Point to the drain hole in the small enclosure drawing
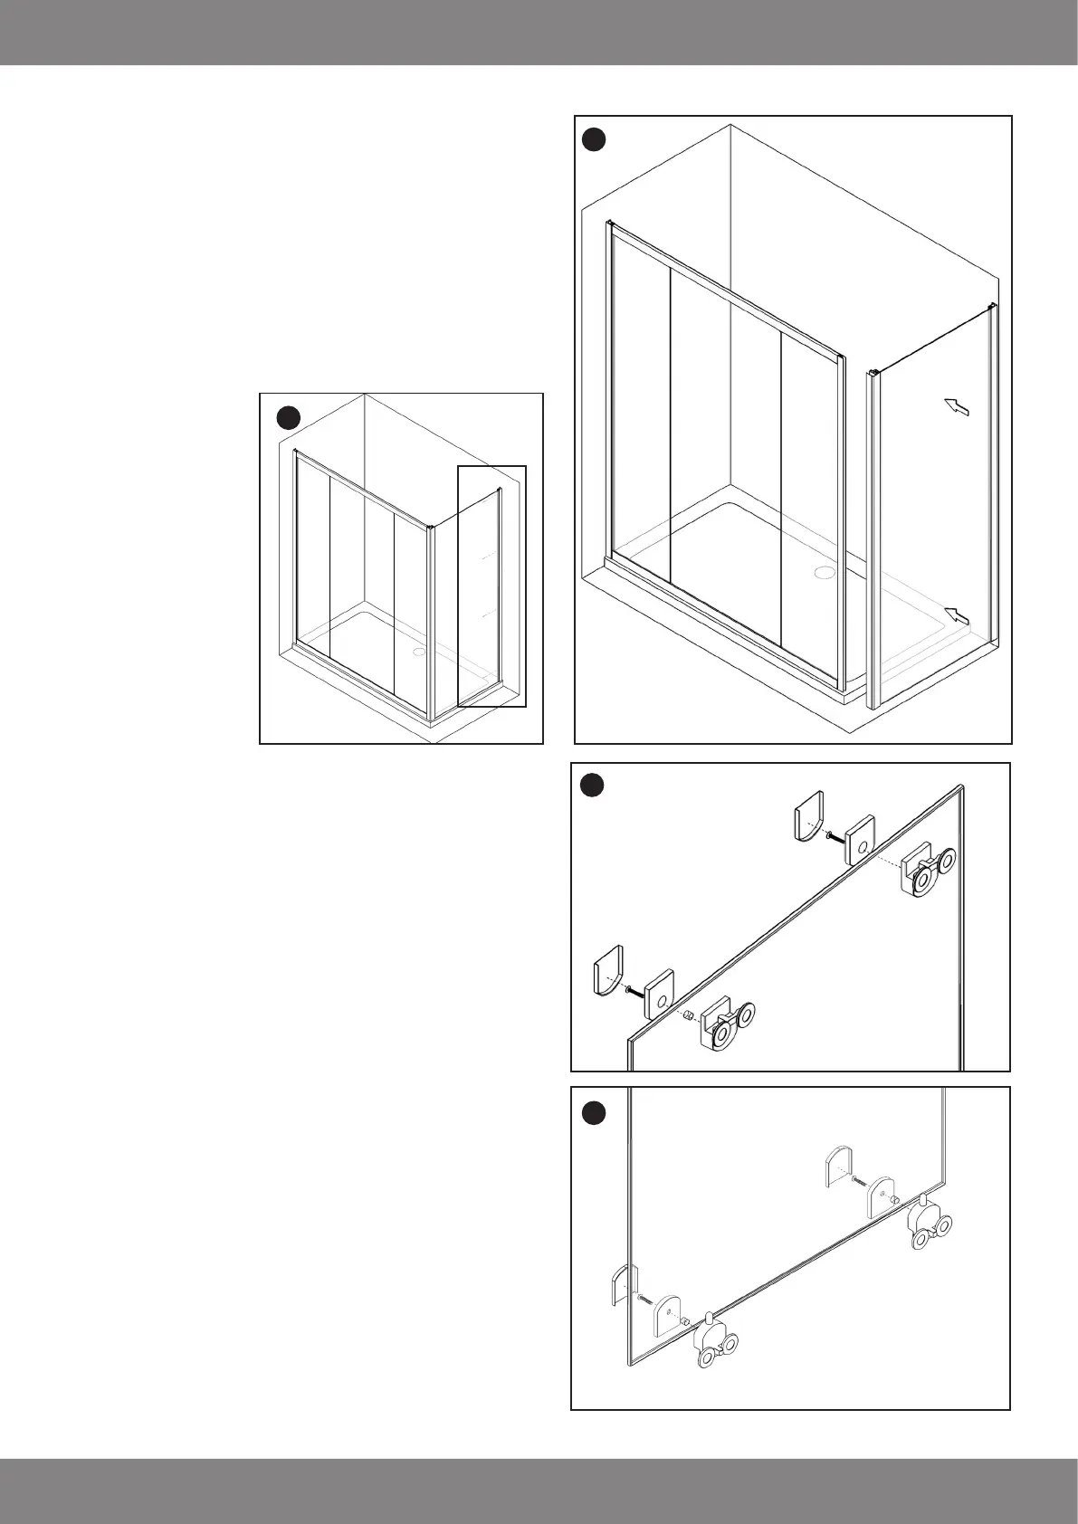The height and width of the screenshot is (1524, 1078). [x=418, y=651]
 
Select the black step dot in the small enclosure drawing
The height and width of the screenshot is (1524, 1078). [x=288, y=417]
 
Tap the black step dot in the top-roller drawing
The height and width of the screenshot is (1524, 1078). [x=592, y=786]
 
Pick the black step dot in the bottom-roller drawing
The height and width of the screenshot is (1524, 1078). [x=592, y=1112]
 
